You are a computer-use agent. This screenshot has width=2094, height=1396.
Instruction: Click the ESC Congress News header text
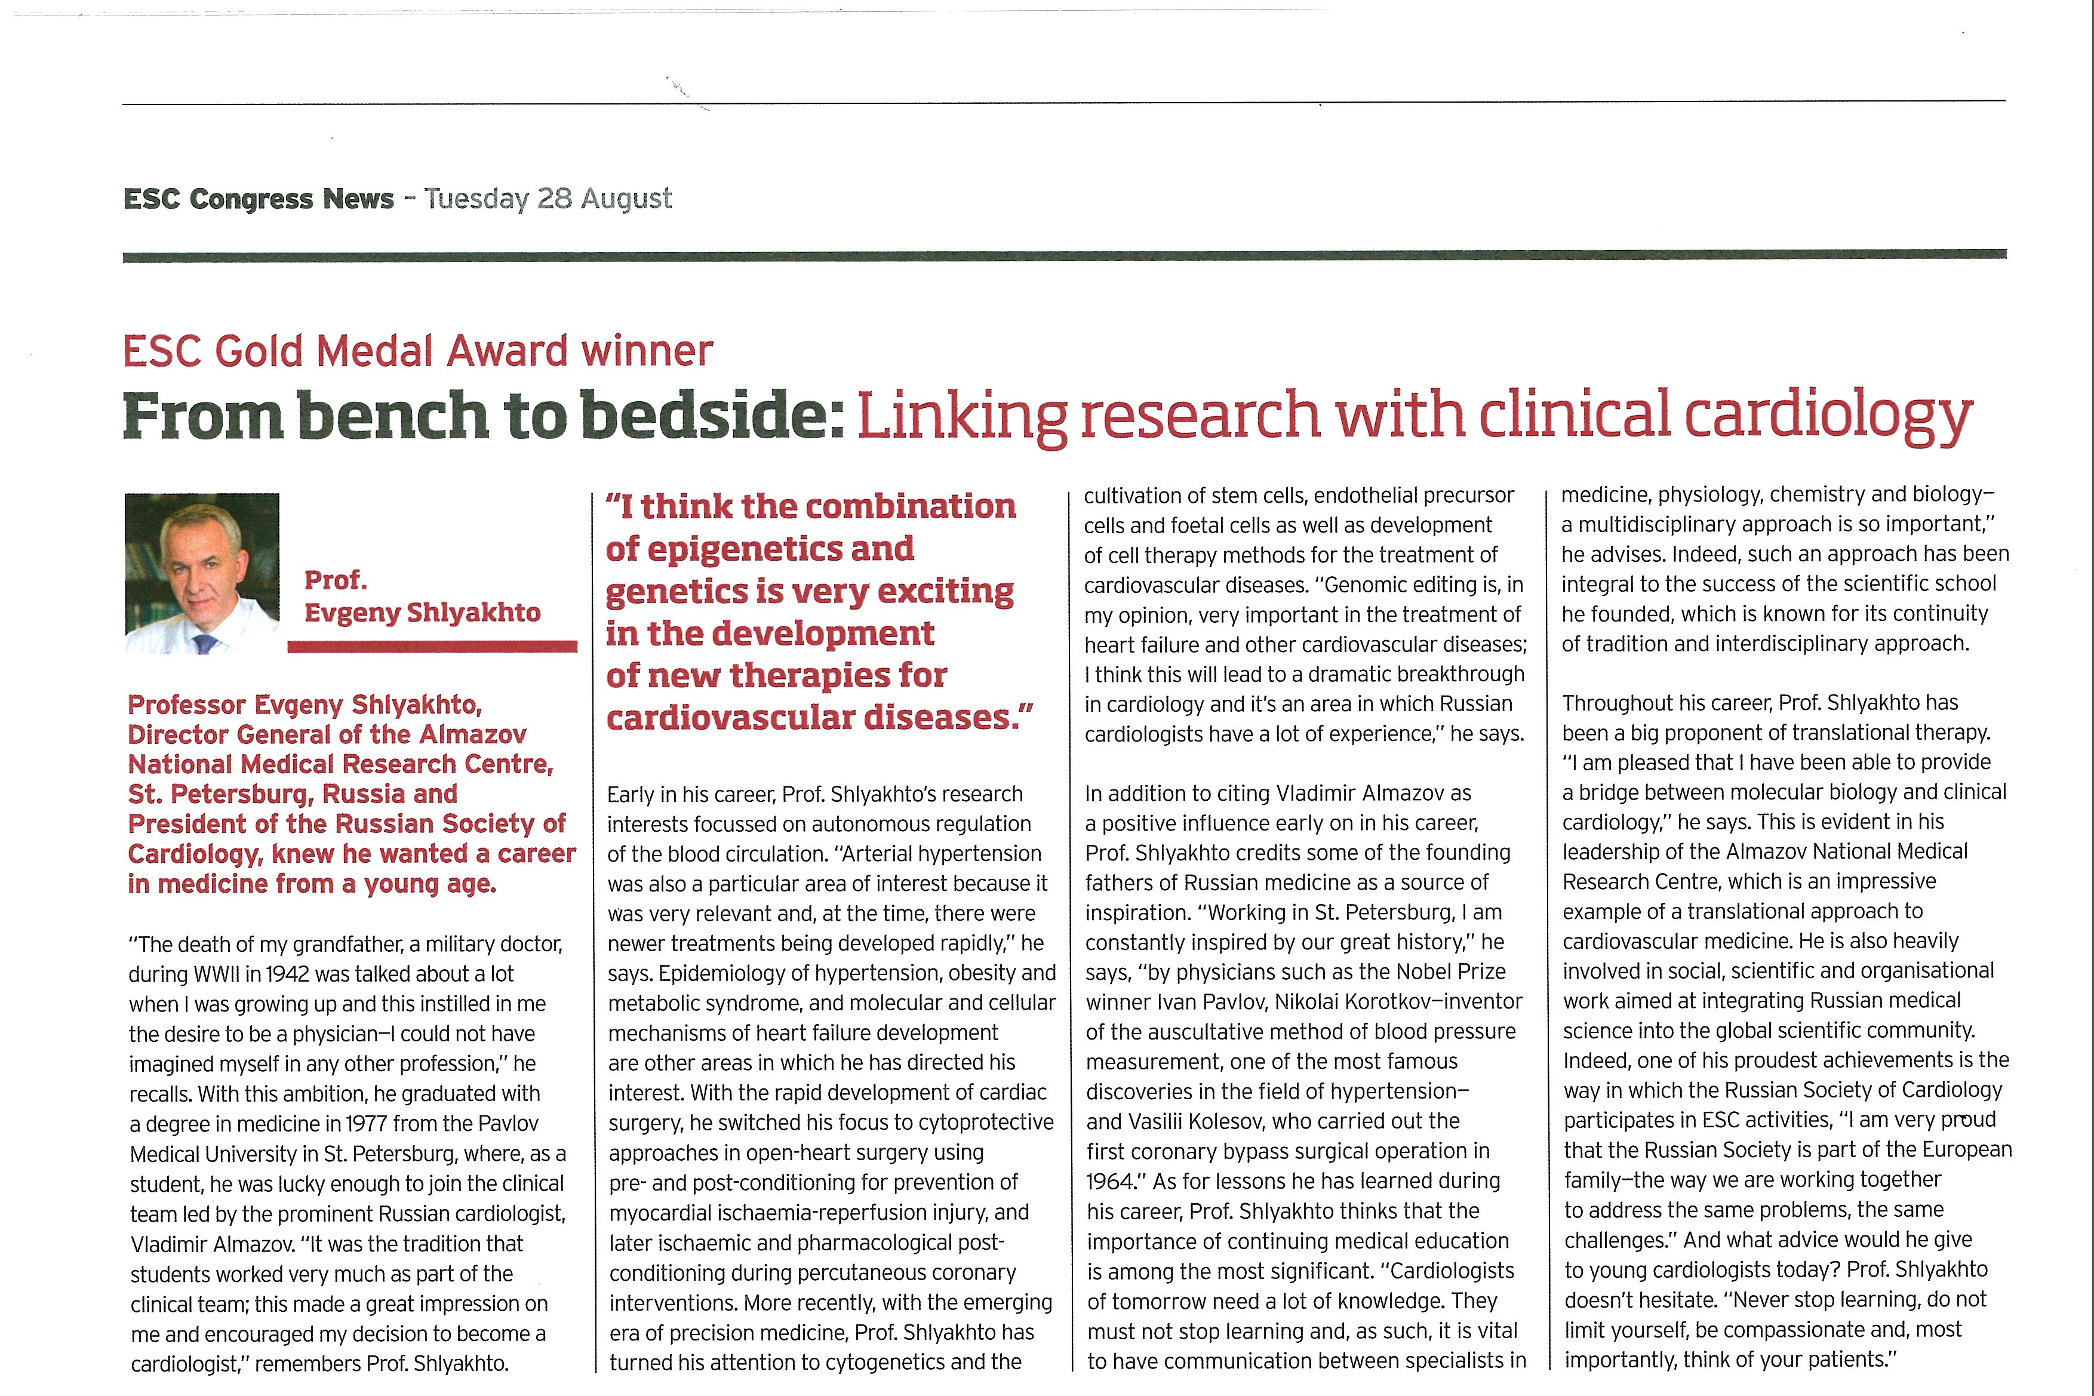point(258,199)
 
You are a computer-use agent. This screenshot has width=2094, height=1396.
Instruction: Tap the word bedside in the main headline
point(712,415)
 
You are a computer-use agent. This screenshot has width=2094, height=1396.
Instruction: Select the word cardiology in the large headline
point(1829,415)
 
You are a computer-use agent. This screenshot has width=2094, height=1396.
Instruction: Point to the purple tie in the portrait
point(205,643)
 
